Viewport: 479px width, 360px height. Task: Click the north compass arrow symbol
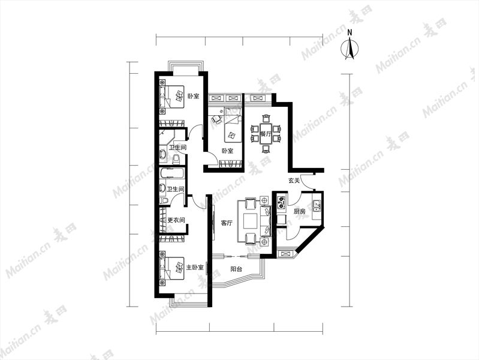(x=350, y=49)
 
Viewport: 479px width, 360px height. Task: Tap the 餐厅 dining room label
(x=266, y=134)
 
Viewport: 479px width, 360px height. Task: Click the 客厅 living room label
(x=227, y=223)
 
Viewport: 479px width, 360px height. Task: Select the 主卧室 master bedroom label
(x=195, y=268)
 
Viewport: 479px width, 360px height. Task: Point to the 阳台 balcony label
(x=236, y=269)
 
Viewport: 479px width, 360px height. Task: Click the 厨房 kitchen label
(x=299, y=211)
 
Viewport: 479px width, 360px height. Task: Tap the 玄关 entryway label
(x=294, y=181)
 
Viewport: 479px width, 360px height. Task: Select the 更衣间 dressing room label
(x=177, y=220)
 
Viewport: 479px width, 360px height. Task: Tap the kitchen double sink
(x=316, y=206)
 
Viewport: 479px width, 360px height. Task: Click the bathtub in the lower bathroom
(x=172, y=173)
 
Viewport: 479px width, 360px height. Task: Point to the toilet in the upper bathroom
(x=176, y=159)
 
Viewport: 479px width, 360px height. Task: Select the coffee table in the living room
(x=251, y=221)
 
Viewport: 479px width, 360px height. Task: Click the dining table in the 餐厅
(x=266, y=134)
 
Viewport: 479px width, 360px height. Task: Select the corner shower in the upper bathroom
(x=166, y=137)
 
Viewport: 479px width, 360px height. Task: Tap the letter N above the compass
(x=350, y=32)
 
